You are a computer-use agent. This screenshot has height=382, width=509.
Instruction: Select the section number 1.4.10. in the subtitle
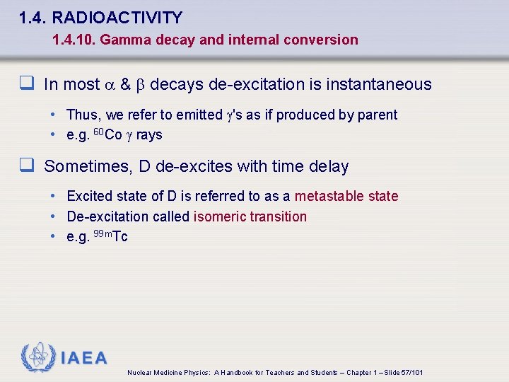click(x=74, y=40)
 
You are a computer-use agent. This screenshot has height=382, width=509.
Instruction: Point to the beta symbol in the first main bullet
click(x=140, y=85)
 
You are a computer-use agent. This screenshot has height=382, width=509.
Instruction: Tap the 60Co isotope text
click(x=107, y=134)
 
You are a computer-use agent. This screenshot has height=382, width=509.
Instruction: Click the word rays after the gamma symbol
click(x=149, y=135)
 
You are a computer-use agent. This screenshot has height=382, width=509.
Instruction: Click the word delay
click(x=329, y=167)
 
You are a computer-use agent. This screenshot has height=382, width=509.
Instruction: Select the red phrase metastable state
click(x=346, y=196)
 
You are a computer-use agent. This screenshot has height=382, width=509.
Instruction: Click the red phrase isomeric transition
click(x=250, y=216)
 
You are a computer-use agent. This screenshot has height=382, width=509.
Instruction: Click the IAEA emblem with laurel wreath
click(x=37, y=357)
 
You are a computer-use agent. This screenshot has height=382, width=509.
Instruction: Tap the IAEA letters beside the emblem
click(x=84, y=359)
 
